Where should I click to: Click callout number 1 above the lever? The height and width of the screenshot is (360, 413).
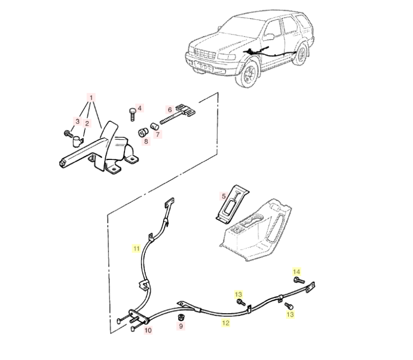point(91,98)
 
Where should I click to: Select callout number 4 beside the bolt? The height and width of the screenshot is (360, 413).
point(139,108)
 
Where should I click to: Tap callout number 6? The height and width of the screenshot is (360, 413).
point(170,109)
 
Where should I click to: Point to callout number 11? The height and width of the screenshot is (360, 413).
point(136,249)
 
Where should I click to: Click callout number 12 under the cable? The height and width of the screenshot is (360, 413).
point(226,323)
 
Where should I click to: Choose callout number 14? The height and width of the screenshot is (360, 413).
point(296,272)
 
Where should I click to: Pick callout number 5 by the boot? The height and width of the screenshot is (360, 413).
point(224,196)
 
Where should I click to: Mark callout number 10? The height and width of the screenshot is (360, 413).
point(148,330)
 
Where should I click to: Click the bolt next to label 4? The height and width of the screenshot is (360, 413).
point(133,114)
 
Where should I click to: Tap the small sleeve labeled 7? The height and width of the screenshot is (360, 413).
point(154,126)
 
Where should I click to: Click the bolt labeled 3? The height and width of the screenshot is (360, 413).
point(69,134)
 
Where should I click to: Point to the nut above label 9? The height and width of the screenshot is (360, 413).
point(181,317)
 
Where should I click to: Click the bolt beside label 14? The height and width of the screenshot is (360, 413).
point(299,281)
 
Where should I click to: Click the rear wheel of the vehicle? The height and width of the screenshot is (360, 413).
point(300,55)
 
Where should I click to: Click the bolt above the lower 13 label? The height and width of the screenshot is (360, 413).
point(289,305)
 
